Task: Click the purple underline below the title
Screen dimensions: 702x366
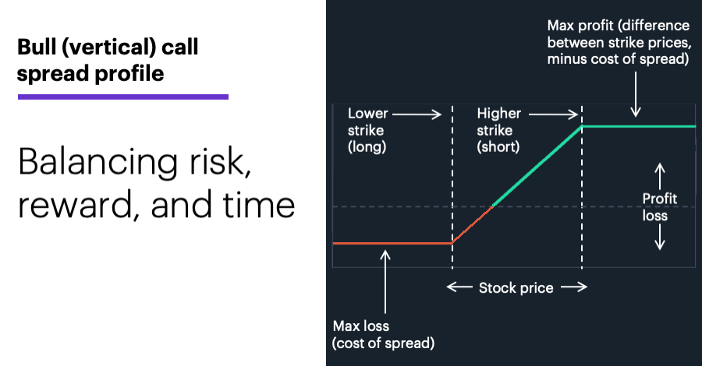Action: click(x=123, y=97)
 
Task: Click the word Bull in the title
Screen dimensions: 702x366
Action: click(x=36, y=47)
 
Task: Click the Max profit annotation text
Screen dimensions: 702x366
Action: click(x=619, y=42)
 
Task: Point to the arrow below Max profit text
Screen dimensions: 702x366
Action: click(x=635, y=94)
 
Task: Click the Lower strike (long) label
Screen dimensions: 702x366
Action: click(x=367, y=130)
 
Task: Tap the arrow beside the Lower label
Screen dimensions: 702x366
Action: click(x=417, y=114)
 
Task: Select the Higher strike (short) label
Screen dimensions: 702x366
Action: click(x=498, y=130)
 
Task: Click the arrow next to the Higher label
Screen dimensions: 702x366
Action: click(x=553, y=114)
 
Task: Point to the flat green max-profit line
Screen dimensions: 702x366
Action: click(x=639, y=126)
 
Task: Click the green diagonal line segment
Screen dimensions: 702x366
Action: click(x=537, y=166)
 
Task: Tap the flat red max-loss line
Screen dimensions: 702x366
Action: click(x=392, y=243)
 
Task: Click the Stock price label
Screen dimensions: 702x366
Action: click(x=516, y=288)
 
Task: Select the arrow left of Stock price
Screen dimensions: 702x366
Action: click(x=459, y=287)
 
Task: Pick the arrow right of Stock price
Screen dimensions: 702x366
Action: click(x=574, y=287)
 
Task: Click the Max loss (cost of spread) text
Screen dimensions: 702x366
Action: click(x=383, y=334)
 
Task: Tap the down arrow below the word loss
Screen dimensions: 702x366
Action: click(x=659, y=237)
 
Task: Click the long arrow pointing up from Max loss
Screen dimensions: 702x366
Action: click(x=385, y=282)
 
